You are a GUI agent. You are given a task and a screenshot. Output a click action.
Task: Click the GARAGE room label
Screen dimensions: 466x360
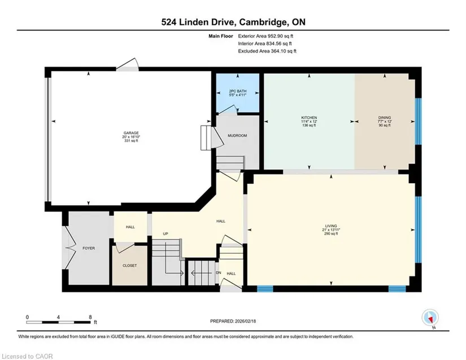[x=131, y=133]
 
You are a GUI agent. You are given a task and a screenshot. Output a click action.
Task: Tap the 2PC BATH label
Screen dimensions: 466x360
[x=238, y=91]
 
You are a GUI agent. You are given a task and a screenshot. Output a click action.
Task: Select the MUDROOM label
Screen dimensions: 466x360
[x=237, y=136]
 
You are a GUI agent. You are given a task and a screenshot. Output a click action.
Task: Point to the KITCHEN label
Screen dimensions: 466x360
[x=309, y=118]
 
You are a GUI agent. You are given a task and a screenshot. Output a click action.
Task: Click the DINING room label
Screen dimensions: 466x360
[x=385, y=118]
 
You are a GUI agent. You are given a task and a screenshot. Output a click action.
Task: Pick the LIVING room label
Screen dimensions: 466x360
[x=331, y=226]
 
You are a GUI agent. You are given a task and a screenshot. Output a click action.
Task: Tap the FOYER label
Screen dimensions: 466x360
[x=89, y=248]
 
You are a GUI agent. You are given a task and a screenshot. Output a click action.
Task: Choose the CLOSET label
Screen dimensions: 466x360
[x=129, y=266]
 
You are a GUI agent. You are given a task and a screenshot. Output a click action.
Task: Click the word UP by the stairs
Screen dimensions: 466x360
[x=166, y=233]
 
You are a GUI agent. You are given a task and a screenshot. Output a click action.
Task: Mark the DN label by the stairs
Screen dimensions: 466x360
[x=219, y=273]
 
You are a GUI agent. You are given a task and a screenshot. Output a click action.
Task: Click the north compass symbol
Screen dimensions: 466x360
[x=430, y=318]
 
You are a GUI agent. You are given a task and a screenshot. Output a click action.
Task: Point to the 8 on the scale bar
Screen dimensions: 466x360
[x=90, y=317]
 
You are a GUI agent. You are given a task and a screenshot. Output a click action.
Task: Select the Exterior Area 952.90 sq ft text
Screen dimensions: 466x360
[x=265, y=36]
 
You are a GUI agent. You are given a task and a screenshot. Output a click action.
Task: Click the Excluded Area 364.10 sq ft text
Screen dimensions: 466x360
[x=267, y=51]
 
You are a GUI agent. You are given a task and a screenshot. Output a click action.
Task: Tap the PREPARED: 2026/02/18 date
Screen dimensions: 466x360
[x=233, y=321]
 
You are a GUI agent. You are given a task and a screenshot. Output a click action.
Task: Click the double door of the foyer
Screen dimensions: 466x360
[x=69, y=248]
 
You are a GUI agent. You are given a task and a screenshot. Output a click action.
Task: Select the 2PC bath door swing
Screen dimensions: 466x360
[x=231, y=109]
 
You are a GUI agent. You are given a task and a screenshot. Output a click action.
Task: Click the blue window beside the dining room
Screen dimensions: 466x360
[x=418, y=122]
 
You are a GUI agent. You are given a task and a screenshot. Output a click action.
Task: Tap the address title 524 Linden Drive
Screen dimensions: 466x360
[x=199, y=22]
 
